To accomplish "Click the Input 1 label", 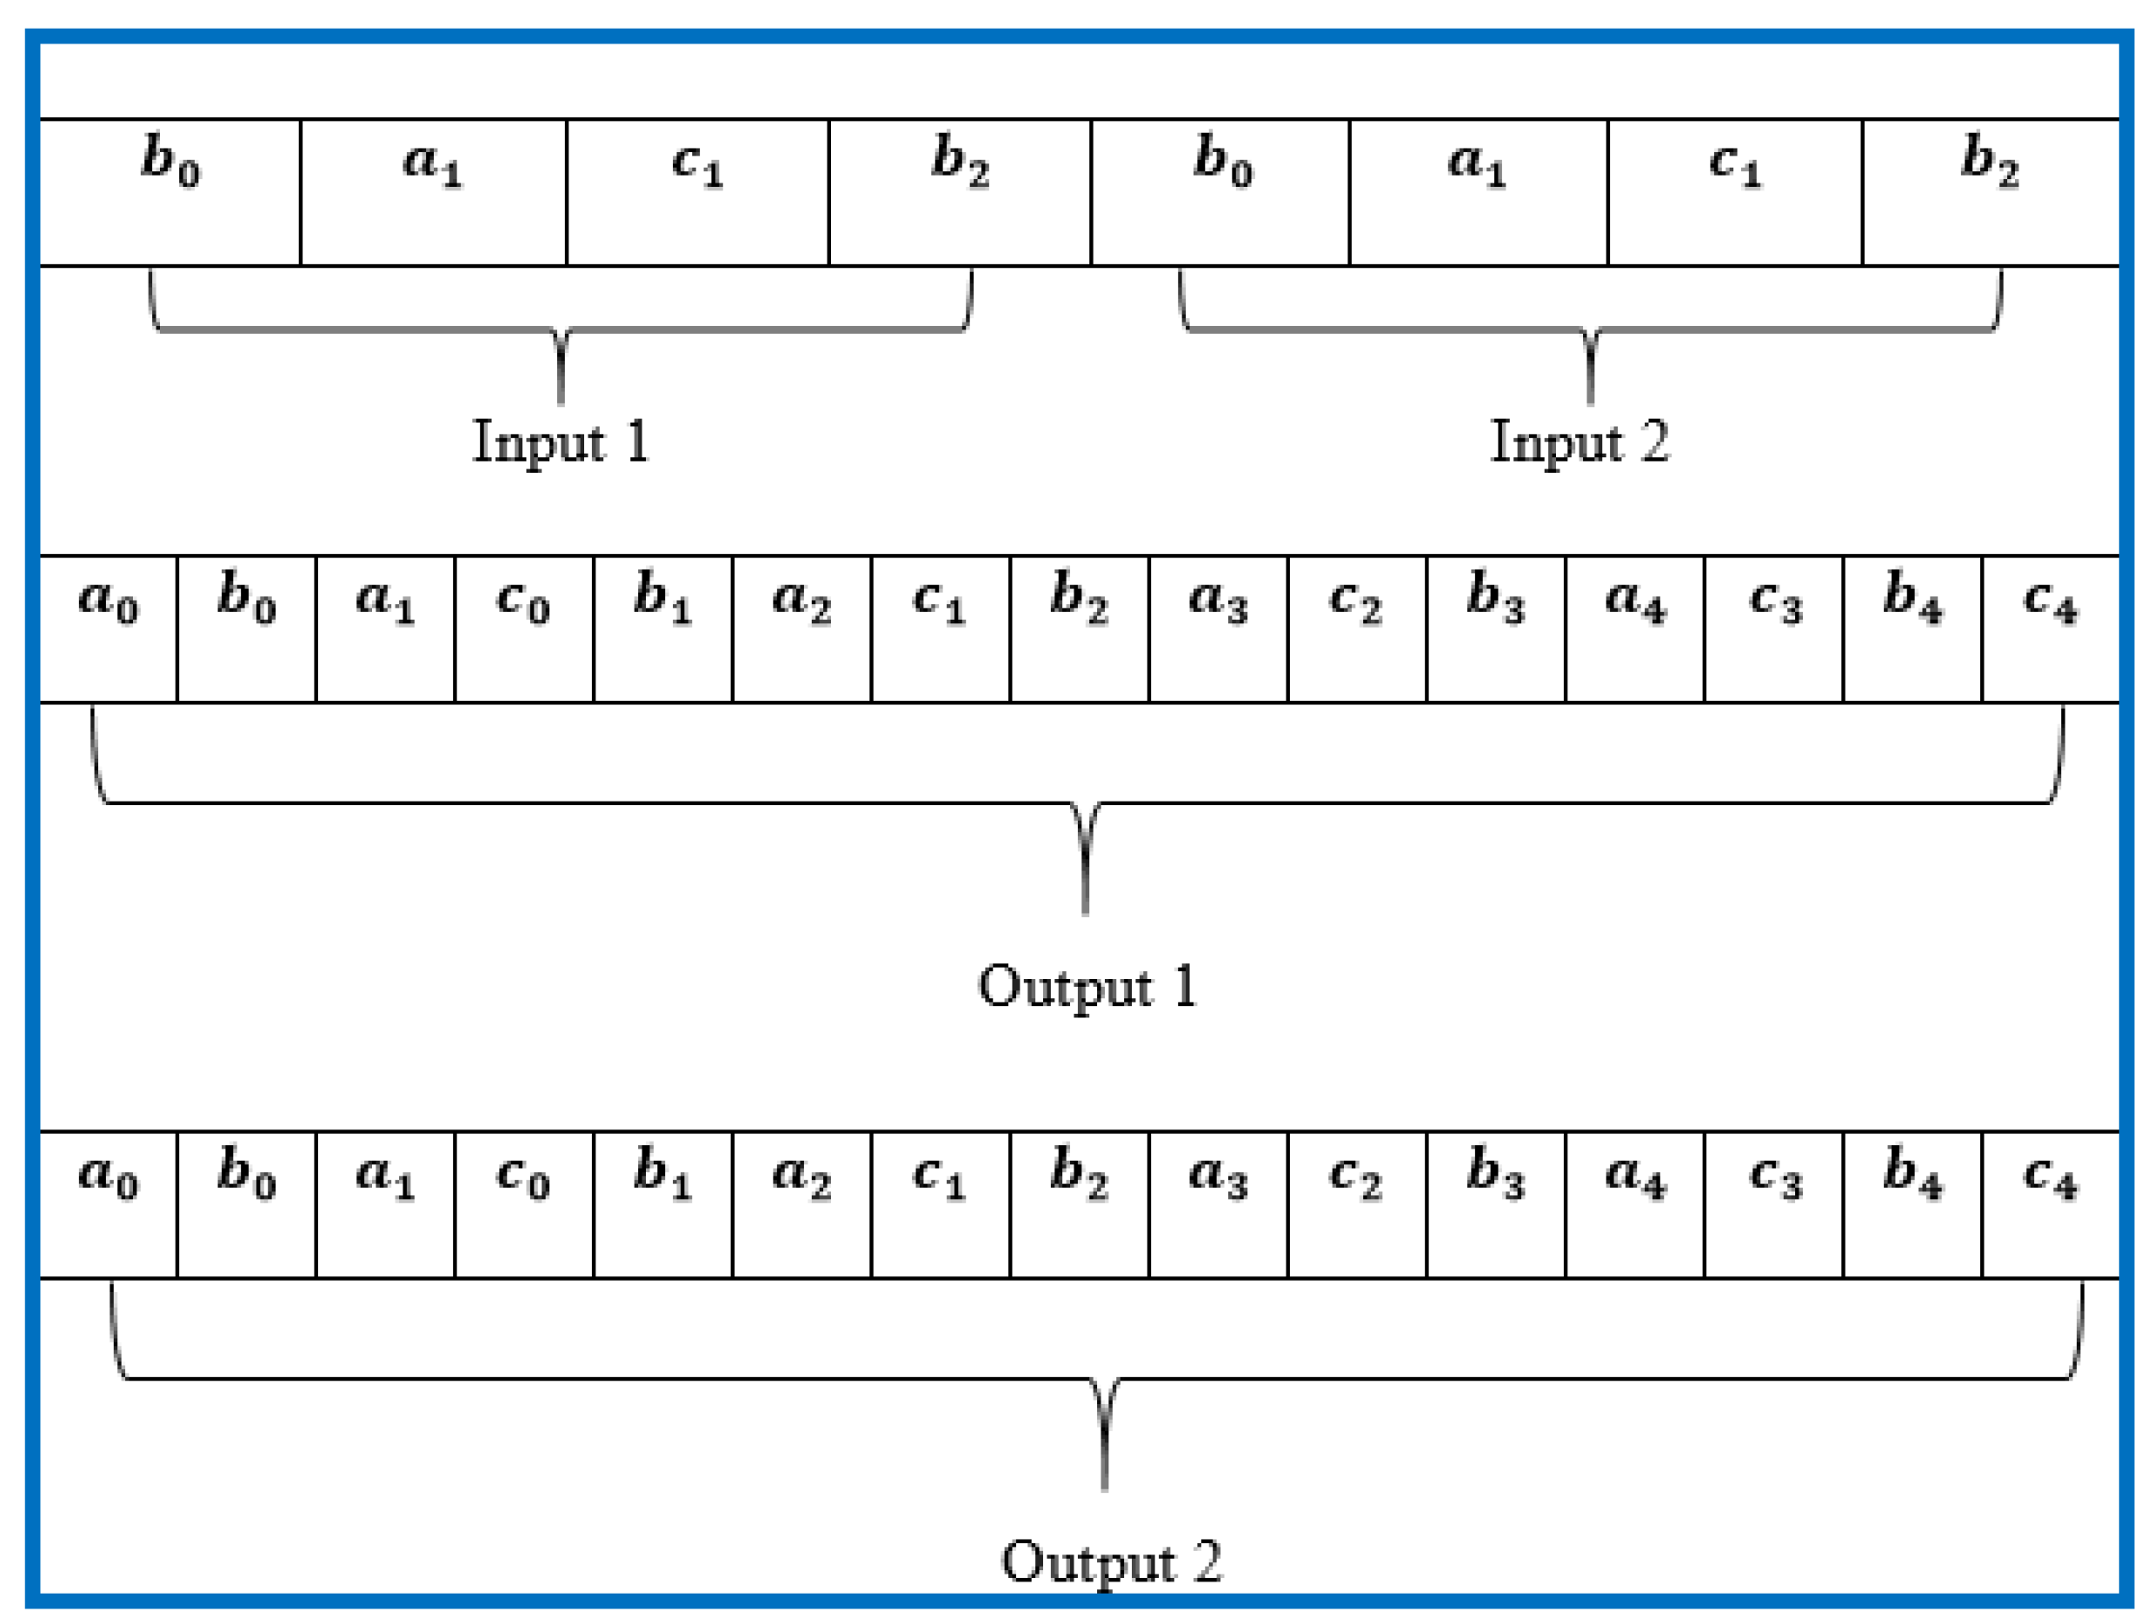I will [x=561, y=442].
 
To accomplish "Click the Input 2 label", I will [x=1580, y=442].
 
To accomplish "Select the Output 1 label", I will [x=1087, y=987].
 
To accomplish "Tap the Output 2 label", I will [x=1111, y=1561].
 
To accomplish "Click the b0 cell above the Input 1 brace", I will [x=170, y=192].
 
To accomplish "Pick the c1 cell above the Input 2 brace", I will [x=1734, y=192].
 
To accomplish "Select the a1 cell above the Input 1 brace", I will [x=433, y=192].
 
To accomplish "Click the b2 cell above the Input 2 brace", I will [x=1990, y=192].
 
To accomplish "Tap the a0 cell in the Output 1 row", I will [x=108, y=629].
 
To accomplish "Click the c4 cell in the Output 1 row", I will [x=2050, y=629].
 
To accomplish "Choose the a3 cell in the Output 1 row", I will [x=1218, y=629].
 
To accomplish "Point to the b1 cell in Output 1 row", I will [x=662, y=629].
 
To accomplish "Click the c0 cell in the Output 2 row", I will [x=523, y=1204].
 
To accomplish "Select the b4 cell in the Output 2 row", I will [x=1912, y=1204].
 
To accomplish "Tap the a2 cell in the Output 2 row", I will [x=801, y=1204].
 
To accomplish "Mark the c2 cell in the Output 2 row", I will [x=1357, y=1204].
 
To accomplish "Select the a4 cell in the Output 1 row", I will [x=1634, y=629].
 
